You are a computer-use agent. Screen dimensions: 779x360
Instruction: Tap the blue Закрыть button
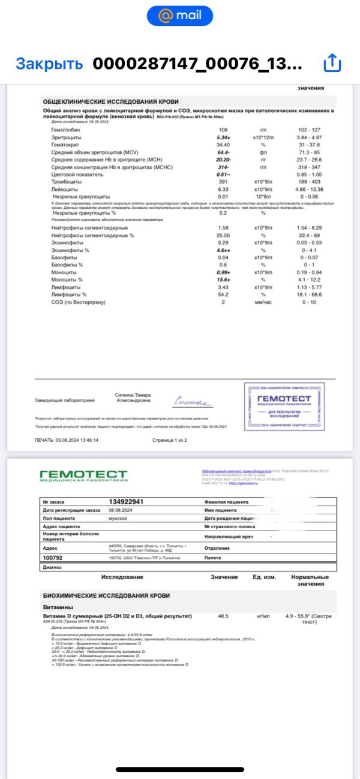coord(49,63)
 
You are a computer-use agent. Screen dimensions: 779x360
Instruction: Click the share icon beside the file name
coord(332,62)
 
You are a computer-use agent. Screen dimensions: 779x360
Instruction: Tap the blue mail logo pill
coord(180,16)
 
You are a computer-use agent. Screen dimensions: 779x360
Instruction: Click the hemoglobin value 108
coord(223,130)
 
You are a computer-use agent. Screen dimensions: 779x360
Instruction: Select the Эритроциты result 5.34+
coord(224,137)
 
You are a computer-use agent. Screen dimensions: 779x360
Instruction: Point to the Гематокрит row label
coord(65,145)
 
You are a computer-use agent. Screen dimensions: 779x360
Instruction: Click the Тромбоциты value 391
coord(223,181)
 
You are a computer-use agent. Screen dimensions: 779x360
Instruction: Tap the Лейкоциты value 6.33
coord(223,188)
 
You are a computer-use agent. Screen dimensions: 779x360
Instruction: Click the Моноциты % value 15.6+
coord(224,280)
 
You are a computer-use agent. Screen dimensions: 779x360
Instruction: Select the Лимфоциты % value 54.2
coord(223,294)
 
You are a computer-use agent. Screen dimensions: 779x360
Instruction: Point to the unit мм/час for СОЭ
coord(263,302)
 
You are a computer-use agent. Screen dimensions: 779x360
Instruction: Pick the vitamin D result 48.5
coord(223,616)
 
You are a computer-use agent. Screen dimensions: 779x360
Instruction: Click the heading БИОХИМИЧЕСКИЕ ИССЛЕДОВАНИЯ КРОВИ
coord(106,595)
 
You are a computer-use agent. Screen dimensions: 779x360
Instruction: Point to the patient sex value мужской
coord(118,517)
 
